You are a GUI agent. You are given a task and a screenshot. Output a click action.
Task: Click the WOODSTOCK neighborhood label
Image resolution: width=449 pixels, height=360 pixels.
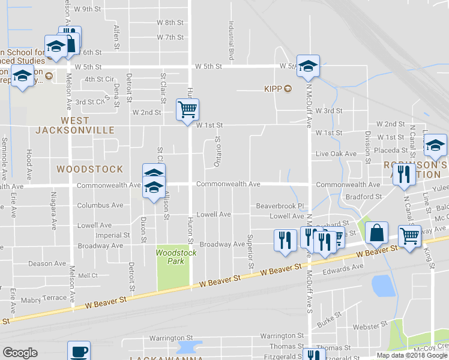click(x=90, y=169)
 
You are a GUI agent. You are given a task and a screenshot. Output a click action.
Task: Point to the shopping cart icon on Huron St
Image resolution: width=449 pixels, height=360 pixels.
click(x=187, y=109)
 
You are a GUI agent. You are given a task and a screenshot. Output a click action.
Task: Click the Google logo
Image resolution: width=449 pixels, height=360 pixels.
click(x=20, y=353)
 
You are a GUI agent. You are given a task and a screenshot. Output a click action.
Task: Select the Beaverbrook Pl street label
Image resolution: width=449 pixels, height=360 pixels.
click(x=281, y=205)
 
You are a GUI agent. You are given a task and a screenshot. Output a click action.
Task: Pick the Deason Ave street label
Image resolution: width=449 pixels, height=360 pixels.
click(x=47, y=263)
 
